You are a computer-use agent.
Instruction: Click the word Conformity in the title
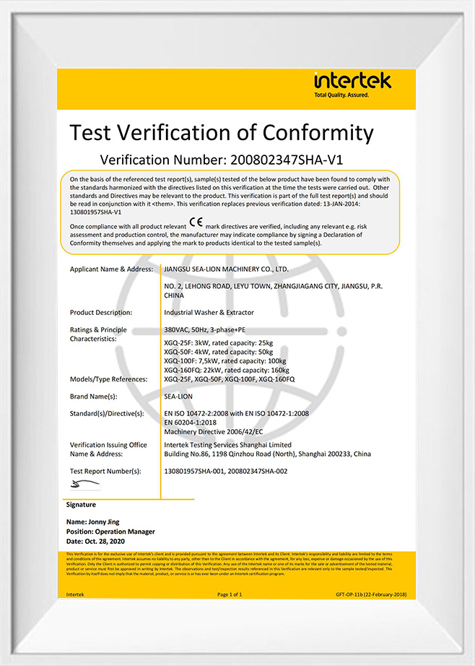point(318,132)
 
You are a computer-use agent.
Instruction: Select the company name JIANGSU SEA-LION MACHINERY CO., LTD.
point(227,269)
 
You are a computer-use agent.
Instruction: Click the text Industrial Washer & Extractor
point(209,313)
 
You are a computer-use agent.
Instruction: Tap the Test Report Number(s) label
point(105,471)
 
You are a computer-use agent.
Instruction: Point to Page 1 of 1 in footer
point(230,594)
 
